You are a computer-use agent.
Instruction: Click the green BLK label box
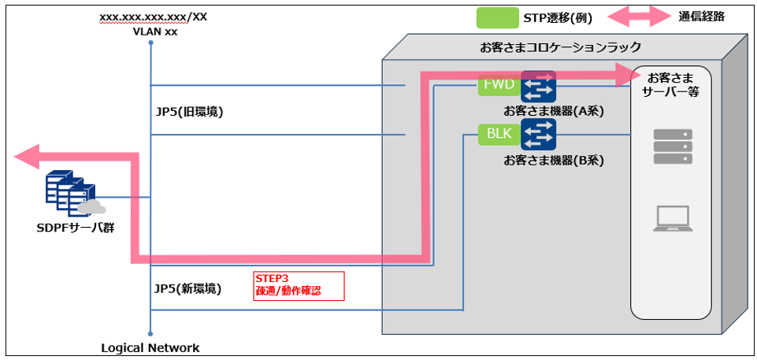499,134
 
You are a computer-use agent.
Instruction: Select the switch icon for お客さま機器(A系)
538,86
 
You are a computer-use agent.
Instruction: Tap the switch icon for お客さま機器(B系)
538,134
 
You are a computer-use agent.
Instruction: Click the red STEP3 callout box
299,285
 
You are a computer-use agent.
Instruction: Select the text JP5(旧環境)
190,112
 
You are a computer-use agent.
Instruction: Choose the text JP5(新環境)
190,288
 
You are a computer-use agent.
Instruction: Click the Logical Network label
150,347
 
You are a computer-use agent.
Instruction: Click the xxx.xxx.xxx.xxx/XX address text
153,17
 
